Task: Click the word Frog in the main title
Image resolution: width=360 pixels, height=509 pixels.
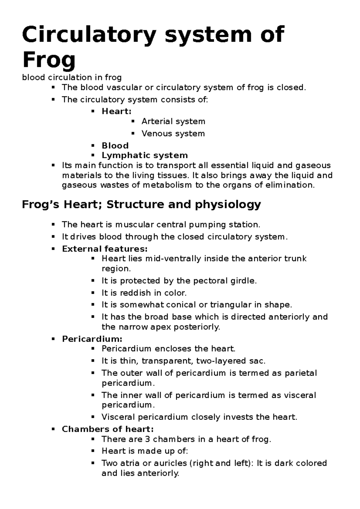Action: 49,60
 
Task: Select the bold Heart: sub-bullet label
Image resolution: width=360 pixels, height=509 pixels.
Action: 116,111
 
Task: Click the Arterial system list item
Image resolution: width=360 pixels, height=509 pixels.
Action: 173,121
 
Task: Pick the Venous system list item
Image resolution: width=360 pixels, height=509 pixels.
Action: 173,133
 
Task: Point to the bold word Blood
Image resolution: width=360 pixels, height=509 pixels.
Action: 115,146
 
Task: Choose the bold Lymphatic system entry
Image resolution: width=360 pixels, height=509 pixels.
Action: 145,155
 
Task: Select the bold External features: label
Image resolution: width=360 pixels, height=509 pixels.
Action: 105,249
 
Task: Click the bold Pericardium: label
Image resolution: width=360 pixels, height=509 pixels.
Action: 92,339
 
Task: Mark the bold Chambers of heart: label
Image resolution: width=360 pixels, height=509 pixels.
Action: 108,429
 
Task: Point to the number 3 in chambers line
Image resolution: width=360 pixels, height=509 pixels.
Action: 147,439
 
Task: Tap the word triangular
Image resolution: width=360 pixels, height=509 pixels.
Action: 231,305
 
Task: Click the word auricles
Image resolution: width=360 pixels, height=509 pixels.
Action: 170,463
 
